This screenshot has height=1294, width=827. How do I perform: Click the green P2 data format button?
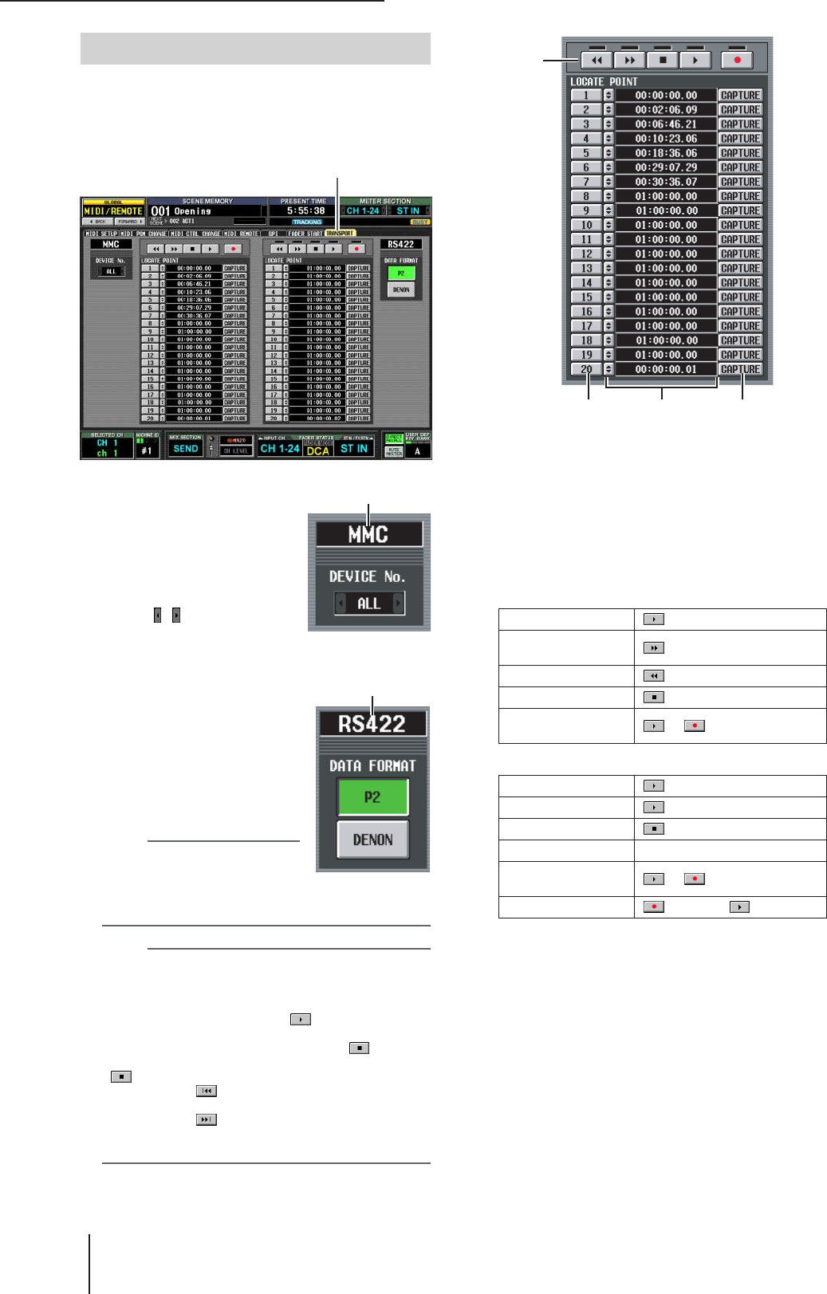coord(372,797)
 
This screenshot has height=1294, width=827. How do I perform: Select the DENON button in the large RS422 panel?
coord(372,840)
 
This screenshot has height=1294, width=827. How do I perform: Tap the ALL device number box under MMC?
coord(368,604)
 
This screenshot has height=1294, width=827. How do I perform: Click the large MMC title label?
coord(368,534)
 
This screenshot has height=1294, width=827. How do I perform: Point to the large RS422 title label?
coord(372,724)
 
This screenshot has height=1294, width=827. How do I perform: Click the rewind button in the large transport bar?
coord(597,60)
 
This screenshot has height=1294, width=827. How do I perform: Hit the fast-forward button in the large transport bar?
coord(630,60)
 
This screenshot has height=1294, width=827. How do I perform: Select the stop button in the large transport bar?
coord(663,60)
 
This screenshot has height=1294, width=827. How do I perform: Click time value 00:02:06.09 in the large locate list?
coord(666,110)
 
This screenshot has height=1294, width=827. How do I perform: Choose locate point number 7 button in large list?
coord(586,182)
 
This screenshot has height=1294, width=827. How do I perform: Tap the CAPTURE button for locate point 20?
coord(740,369)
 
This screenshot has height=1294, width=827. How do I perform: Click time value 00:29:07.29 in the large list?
coord(666,167)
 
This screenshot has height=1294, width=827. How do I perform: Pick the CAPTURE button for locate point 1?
coord(740,96)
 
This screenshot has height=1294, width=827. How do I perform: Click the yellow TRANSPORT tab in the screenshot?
coord(340,234)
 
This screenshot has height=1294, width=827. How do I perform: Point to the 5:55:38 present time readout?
coord(306,211)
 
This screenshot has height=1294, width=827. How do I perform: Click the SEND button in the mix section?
coord(185,449)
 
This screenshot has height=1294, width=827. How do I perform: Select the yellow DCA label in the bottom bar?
coord(317,450)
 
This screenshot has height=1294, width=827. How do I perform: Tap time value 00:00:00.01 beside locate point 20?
coord(666,369)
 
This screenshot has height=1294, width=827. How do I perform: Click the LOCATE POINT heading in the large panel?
coord(604,81)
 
